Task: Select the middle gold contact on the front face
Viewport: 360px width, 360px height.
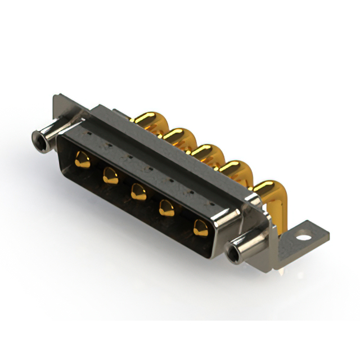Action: click(138, 193)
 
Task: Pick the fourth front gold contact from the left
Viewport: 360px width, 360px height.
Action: click(167, 211)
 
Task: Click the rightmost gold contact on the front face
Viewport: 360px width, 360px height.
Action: click(200, 228)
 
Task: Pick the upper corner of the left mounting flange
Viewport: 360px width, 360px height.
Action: click(57, 97)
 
